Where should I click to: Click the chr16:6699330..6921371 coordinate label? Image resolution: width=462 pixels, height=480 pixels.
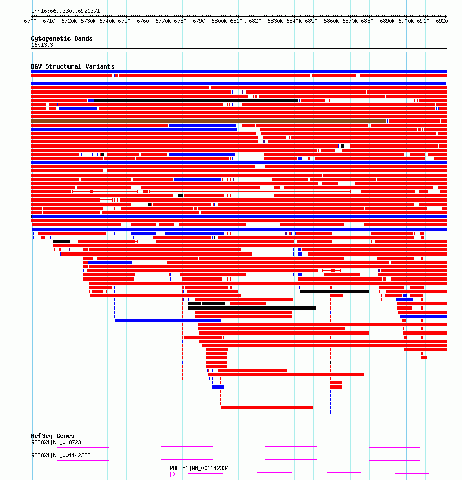(x=65, y=11)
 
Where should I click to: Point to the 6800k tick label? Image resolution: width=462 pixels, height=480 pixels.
(x=219, y=21)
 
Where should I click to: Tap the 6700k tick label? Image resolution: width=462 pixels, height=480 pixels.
(x=32, y=21)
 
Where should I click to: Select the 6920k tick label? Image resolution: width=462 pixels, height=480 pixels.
(x=443, y=21)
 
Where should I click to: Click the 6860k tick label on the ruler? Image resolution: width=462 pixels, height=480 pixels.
(x=331, y=21)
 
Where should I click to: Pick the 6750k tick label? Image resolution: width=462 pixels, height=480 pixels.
(x=126, y=21)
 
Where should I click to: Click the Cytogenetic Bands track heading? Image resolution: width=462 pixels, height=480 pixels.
(x=61, y=38)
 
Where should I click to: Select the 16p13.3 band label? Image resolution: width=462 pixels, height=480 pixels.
(x=42, y=45)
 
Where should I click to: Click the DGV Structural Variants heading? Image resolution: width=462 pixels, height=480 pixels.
(x=73, y=66)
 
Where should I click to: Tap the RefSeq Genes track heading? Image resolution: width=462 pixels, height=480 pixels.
(x=52, y=436)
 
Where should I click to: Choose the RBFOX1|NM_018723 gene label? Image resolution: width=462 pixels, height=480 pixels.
(x=56, y=443)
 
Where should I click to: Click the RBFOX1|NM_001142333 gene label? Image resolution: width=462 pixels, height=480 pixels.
(x=61, y=455)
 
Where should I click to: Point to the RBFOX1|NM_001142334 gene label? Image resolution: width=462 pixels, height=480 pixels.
(x=199, y=468)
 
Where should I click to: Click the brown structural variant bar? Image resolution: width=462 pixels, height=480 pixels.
(x=208, y=121)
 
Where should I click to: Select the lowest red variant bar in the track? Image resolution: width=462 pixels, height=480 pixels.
(x=267, y=408)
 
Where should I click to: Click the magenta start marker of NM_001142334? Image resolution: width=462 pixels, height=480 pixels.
(x=171, y=474)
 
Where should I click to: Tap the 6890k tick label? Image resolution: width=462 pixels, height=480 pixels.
(x=387, y=21)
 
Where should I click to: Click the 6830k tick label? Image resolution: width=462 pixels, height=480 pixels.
(x=275, y=21)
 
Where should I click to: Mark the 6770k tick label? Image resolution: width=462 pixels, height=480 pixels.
(x=163, y=21)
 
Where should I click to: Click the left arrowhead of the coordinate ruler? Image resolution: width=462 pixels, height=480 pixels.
(x=32, y=16)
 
